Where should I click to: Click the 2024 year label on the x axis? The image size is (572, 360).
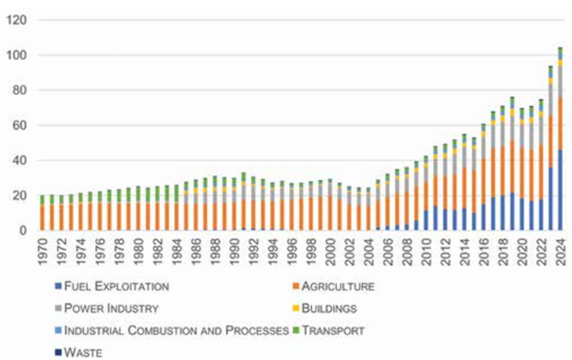560,251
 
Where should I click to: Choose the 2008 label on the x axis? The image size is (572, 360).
407,251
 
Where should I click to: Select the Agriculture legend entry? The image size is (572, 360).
338,287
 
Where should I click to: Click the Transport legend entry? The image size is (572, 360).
333,330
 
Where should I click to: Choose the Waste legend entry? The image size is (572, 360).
84,352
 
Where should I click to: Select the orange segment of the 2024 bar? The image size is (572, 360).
560,123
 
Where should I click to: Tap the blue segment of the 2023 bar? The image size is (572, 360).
551,199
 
